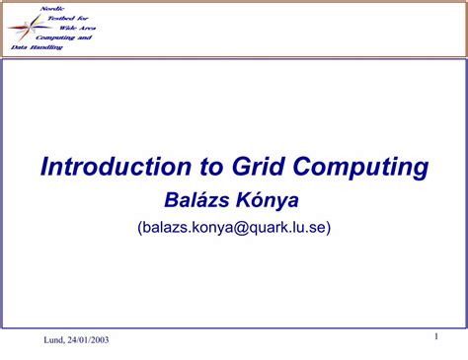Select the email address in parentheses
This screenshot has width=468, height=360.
point(234,228)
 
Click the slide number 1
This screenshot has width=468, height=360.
point(435,338)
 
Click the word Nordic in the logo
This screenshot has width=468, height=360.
point(52,8)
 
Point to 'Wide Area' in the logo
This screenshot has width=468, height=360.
point(77,28)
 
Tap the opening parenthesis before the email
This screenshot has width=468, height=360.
point(141,228)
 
